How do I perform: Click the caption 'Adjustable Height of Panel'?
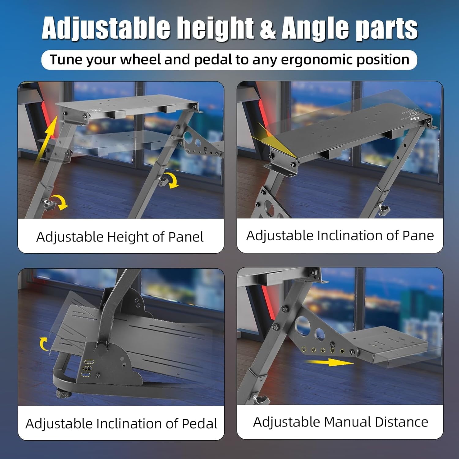point(120,237)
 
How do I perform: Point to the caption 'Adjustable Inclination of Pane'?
point(340,236)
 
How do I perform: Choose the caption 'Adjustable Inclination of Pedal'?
point(121,424)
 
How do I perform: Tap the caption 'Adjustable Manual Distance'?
point(341,422)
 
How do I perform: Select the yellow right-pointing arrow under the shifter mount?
point(330,362)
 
